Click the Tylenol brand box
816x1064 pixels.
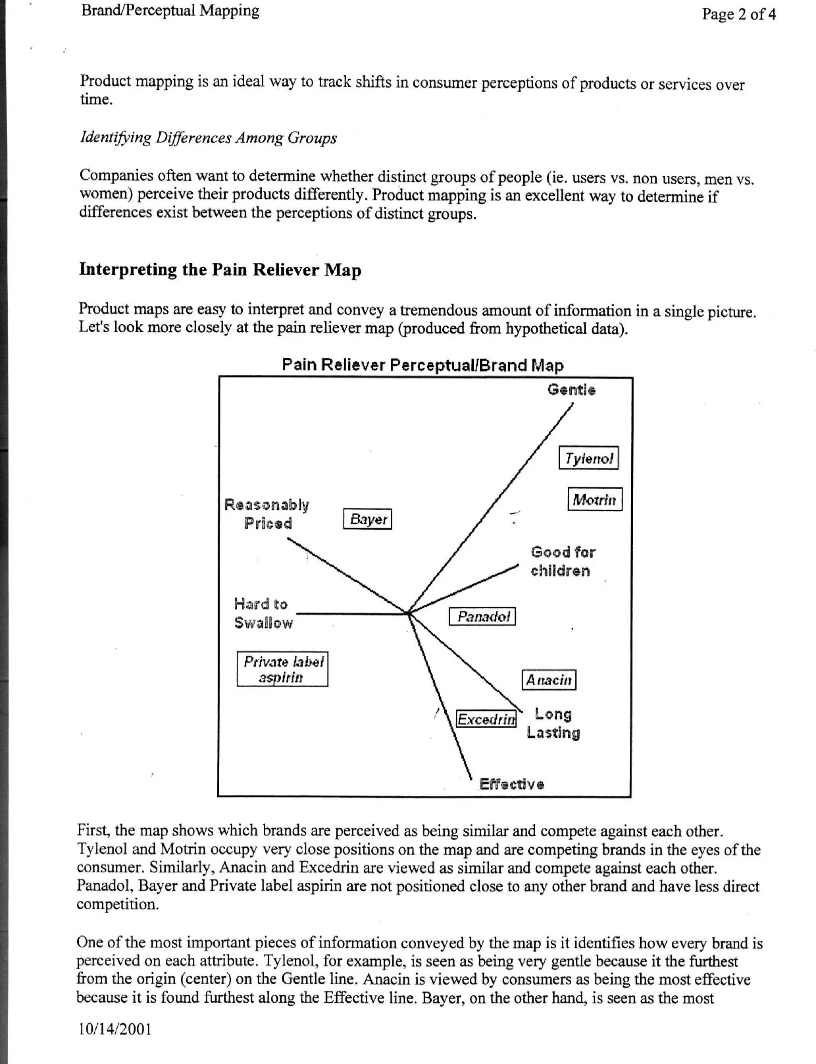588,458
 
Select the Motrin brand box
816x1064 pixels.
594,499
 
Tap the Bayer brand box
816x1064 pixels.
367,519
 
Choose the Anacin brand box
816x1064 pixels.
549,680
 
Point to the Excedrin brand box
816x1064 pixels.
486,719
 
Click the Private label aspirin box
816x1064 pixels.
282,669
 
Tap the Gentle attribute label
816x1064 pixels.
571,390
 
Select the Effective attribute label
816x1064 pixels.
512,784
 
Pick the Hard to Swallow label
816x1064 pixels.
263,613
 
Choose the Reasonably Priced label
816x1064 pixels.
267,514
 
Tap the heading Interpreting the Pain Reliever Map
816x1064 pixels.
220,270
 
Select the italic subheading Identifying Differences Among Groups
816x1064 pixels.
208,138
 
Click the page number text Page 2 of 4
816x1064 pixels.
738,14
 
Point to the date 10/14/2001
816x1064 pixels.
115,1029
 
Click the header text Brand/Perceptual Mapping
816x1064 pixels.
170,11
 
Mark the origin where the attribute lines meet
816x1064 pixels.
408,613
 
